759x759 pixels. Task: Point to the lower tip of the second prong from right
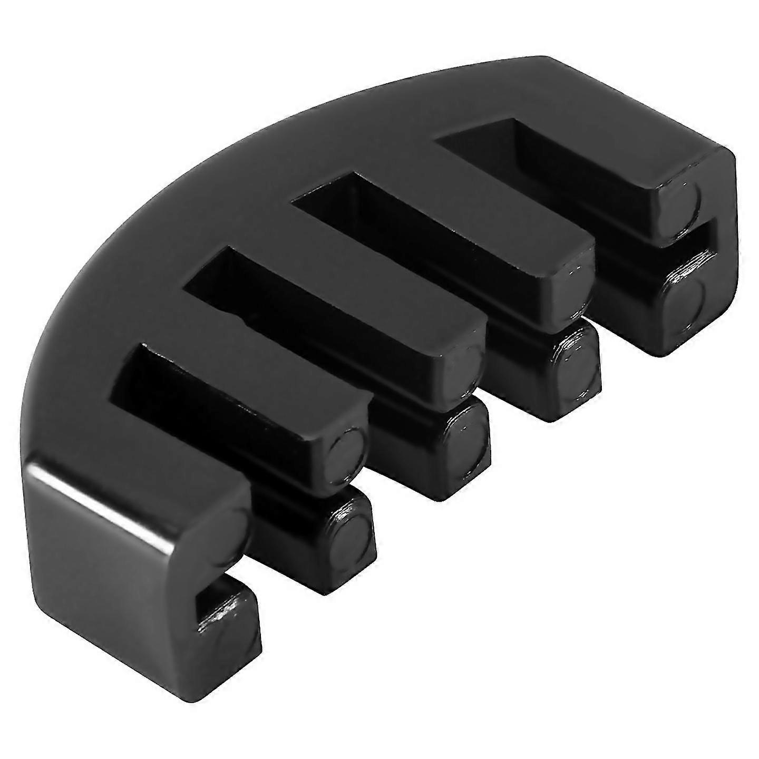(x=575, y=364)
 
